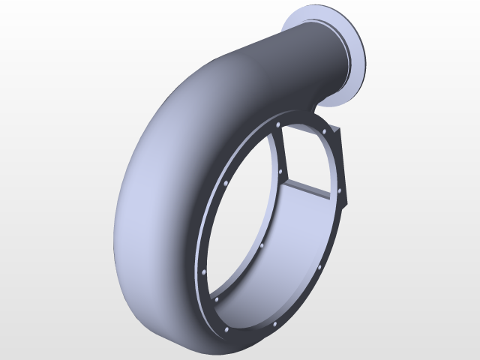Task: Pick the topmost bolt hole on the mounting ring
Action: click(278, 124)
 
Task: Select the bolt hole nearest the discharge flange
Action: click(325, 131)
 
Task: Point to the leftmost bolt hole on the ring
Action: click(202, 271)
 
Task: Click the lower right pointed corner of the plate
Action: click(349, 207)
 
